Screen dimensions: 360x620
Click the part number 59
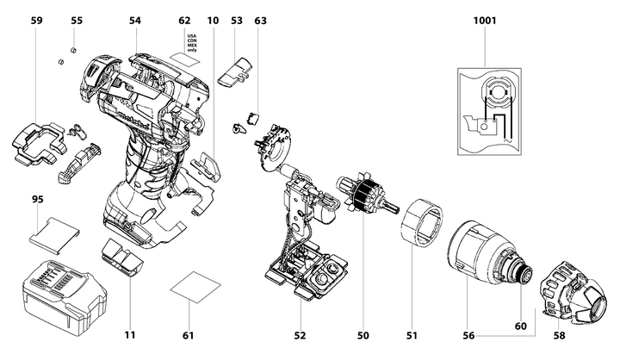click(x=35, y=19)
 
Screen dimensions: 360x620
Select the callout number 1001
click(x=485, y=19)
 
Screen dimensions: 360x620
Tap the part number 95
click(x=38, y=200)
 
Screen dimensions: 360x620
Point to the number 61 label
click(x=189, y=334)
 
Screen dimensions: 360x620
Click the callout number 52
click(x=301, y=334)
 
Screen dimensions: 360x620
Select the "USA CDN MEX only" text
click(x=192, y=43)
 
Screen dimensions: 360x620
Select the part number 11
click(x=129, y=334)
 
